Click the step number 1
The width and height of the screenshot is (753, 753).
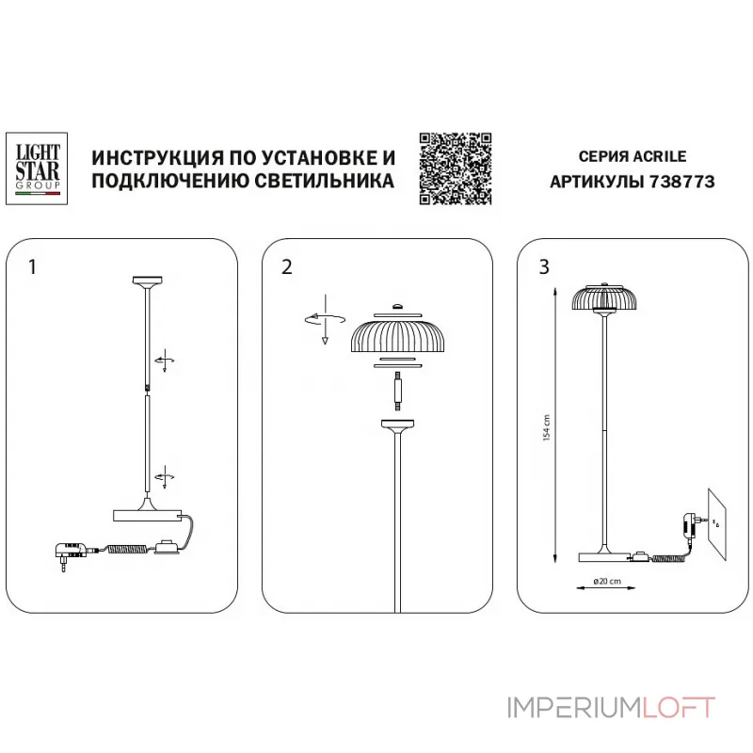[33, 266]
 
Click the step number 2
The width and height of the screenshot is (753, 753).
[286, 266]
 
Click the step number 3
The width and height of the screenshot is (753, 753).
[544, 266]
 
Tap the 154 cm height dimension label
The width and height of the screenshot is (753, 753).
[547, 429]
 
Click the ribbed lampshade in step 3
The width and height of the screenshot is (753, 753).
[602, 297]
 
